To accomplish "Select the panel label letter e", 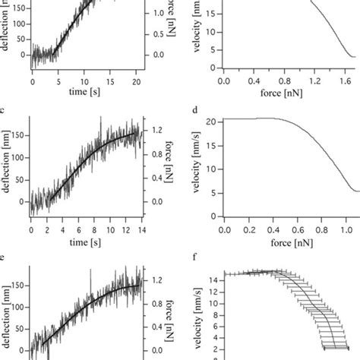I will coord(4,258).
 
